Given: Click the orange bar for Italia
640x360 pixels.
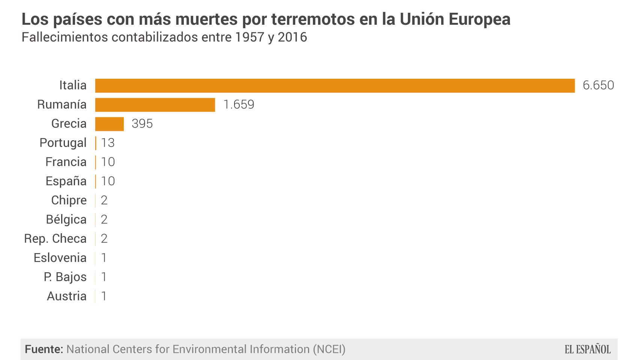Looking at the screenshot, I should (x=335, y=85).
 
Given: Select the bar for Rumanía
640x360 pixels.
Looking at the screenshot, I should (x=155, y=105).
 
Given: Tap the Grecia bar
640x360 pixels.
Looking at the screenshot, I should (x=109, y=124).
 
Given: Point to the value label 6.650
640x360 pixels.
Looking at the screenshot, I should (x=598, y=85).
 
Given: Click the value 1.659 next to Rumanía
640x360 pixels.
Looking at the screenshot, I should (x=239, y=105).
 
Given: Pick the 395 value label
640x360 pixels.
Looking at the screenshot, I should (x=142, y=124).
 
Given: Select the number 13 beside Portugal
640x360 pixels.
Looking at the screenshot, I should (x=108, y=143).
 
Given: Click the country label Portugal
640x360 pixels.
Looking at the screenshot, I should (x=63, y=143).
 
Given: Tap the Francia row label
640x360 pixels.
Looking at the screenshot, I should (x=66, y=162).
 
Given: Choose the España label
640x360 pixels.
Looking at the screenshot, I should (x=66, y=181).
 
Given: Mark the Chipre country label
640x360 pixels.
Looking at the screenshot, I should (x=69, y=200).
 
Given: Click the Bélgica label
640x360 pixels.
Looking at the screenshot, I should (x=66, y=219).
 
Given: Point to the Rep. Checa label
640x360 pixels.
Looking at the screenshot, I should (x=56, y=238).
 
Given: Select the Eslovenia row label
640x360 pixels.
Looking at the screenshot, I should (x=60, y=258).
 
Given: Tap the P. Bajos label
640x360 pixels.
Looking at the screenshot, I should (x=65, y=277).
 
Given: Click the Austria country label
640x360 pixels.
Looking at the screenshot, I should (x=67, y=296).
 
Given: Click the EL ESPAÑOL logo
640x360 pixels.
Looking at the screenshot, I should (x=587, y=349).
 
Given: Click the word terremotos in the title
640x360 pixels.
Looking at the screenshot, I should (x=313, y=19).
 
